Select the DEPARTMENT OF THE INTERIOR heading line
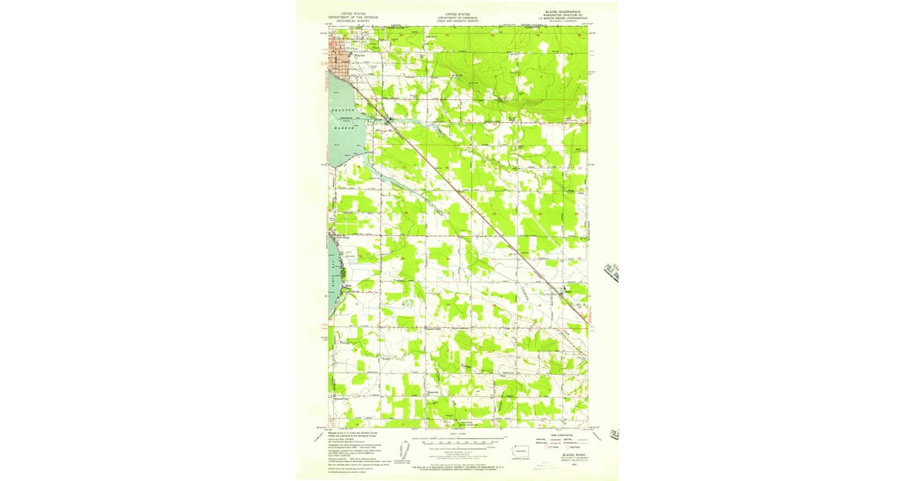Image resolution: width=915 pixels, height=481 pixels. pos(353,16)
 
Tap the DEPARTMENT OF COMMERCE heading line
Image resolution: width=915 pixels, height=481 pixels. pos(457,16)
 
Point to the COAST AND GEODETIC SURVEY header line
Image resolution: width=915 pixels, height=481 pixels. pos(457,20)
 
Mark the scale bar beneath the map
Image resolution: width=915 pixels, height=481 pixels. pos(457,441)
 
